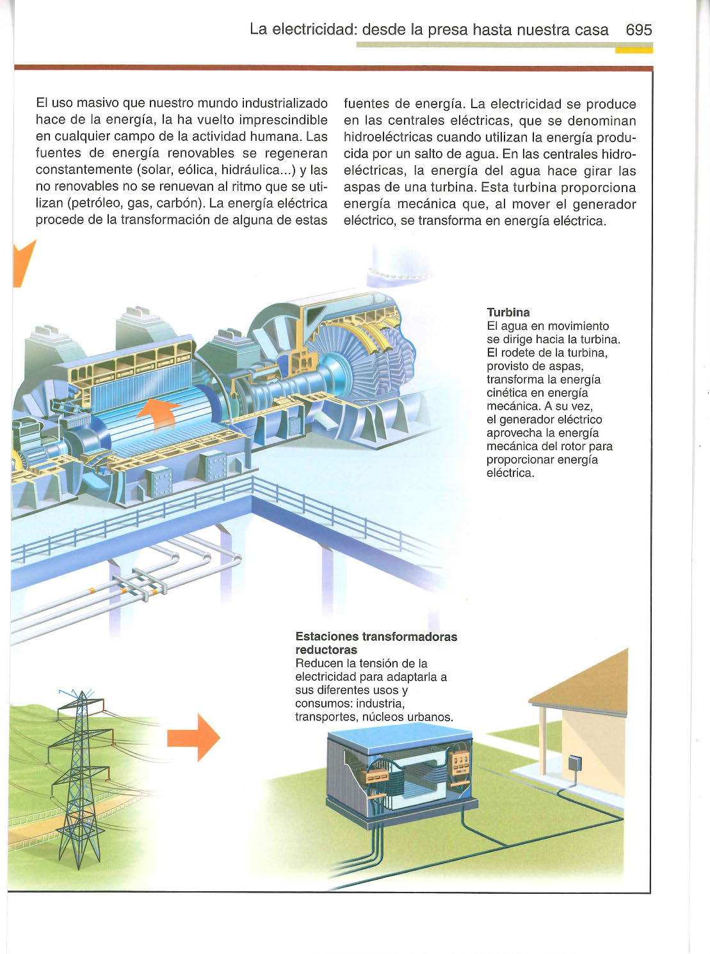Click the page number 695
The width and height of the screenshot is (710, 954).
pyautogui.click(x=638, y=29)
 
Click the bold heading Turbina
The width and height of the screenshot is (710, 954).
pyautogui.click(x=508, y=312)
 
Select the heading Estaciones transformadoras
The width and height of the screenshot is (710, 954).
pyautogui.click(x=376, y=636)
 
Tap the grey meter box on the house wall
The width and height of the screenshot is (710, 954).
pyautogui.click(x=574, y=763)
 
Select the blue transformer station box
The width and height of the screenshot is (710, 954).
pyautogui.click(x=400, y=775)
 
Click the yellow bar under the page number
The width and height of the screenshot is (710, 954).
pyautogui.click(x=634, y=50)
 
